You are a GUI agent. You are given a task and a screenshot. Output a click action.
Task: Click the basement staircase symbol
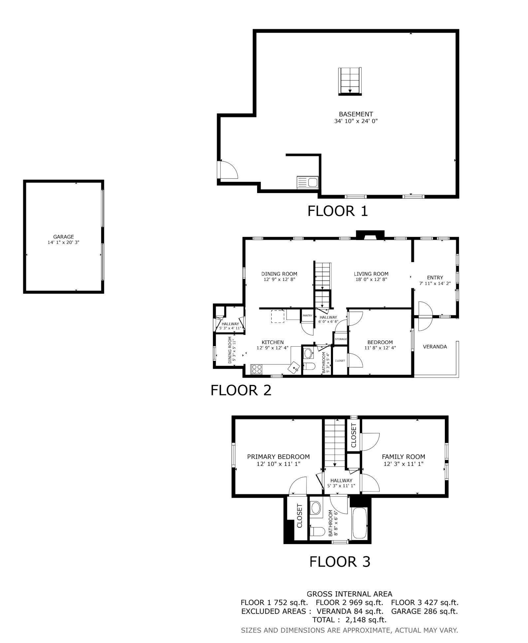[349, 81]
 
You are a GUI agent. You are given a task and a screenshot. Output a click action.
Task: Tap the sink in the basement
[307, 182]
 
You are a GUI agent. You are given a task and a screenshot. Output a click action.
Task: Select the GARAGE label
[63, 237]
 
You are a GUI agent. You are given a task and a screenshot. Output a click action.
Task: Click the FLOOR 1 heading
[337, 211]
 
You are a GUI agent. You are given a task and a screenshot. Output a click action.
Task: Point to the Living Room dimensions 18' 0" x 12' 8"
[371, 279]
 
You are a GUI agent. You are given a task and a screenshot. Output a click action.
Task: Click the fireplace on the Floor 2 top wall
[370, 235]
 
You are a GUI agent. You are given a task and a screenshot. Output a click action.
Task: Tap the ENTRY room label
[435, 278]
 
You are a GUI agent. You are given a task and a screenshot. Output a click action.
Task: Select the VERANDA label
[435, 347]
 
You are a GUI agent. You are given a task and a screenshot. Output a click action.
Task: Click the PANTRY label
[307, 316]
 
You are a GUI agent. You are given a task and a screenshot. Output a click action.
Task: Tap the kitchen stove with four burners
[256, 369]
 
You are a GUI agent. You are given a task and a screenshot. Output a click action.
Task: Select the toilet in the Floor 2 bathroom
[309, 366]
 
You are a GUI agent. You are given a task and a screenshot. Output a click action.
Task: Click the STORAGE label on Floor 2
[341, 339]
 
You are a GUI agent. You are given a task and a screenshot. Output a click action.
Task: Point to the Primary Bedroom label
[278, 457]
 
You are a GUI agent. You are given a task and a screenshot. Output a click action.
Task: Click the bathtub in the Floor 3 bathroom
[359, 523]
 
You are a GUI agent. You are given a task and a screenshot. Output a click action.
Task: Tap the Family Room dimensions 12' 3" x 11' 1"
[403, 464]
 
